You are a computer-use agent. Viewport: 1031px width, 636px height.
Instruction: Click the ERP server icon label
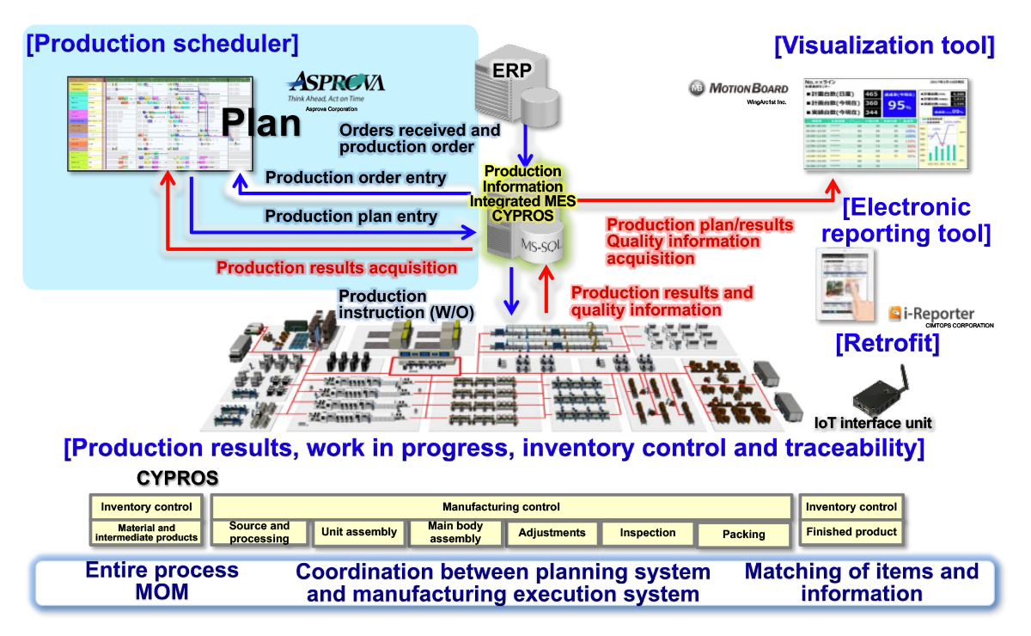(513, 70)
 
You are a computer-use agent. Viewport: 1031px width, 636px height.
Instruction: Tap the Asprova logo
(336, 83)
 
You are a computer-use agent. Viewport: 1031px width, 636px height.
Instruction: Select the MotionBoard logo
(738, 88)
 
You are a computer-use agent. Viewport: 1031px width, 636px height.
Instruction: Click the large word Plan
(260, 123)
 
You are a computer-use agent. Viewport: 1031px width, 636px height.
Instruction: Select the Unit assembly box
(358, 532)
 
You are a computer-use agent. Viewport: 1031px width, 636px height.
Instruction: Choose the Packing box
(743, 535)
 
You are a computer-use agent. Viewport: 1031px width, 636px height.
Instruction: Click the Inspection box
(648, 533)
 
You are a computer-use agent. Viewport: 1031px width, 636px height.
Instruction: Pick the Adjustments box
(552, 533)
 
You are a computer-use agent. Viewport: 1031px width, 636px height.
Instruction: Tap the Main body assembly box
(455, 533)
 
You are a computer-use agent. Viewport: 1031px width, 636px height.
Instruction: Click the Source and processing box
(259, 533)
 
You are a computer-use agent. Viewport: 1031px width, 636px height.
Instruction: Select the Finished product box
(851, 532)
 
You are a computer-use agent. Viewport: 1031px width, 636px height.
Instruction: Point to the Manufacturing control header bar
(501, 507)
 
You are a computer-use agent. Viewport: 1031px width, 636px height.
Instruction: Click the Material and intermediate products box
(146, 533)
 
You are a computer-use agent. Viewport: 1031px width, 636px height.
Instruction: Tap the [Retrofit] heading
(888, 344)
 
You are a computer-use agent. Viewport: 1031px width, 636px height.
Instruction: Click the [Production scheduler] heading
(162, 44)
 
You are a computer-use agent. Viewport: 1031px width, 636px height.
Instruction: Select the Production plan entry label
(351, 217)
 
